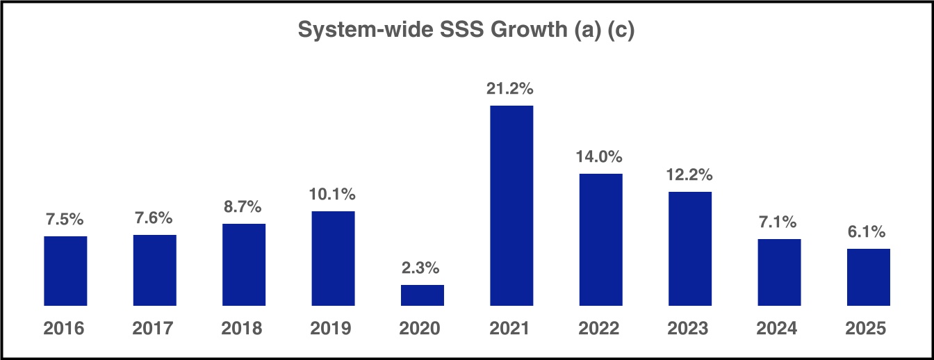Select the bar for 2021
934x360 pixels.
511,206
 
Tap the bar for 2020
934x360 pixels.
423,295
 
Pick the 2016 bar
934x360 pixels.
65,271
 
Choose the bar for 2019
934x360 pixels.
333,259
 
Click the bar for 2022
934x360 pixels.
600,240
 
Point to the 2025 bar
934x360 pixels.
868,277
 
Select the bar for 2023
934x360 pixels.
690,249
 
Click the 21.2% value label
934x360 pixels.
511,89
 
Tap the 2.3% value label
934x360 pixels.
423,268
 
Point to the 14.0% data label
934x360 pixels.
600,156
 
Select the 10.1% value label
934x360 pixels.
333,194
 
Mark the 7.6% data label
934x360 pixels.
154,218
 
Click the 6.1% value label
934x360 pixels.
868,232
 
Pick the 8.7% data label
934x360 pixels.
244,207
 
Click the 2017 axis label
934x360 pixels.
154,328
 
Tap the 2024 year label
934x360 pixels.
779,328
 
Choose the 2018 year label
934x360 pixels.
244,328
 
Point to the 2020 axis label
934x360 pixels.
423,328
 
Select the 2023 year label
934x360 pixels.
690,328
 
